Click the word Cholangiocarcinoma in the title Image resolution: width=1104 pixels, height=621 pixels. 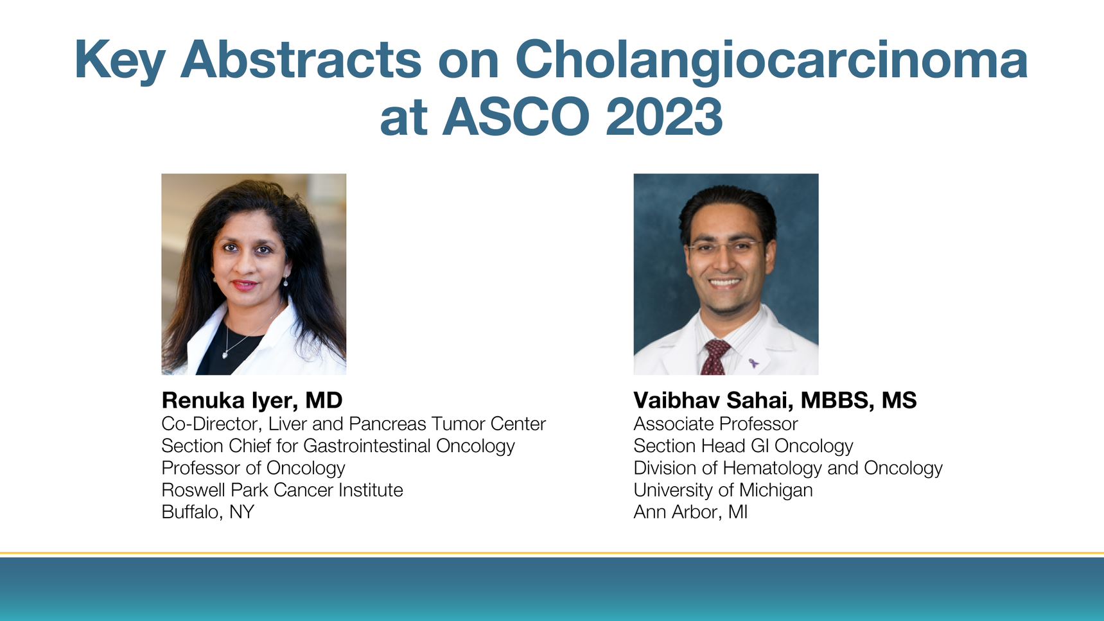coord(771,60)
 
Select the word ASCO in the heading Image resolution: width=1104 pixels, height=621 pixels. coord(516,118)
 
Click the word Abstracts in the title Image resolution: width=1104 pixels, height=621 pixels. coord(301,60)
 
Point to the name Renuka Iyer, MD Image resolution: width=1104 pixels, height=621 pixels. coord(252,400)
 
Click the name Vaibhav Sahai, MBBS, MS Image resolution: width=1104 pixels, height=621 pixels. coord(775,400)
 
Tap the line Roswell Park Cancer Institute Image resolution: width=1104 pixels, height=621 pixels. coord(282,490)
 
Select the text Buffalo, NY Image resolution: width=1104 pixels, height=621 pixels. coord(207,512)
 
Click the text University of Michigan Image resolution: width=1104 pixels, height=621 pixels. coord(723,490)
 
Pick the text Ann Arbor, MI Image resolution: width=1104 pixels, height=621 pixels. coord(690,512)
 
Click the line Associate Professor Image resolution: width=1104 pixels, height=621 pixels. coord(715,424)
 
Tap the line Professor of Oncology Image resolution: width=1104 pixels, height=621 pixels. coord(253,468)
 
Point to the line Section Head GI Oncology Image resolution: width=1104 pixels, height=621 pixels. coord(743,446)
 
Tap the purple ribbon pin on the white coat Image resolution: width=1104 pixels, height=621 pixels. coord(753,363)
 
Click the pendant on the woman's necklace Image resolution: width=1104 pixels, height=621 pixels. coord(225,354)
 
